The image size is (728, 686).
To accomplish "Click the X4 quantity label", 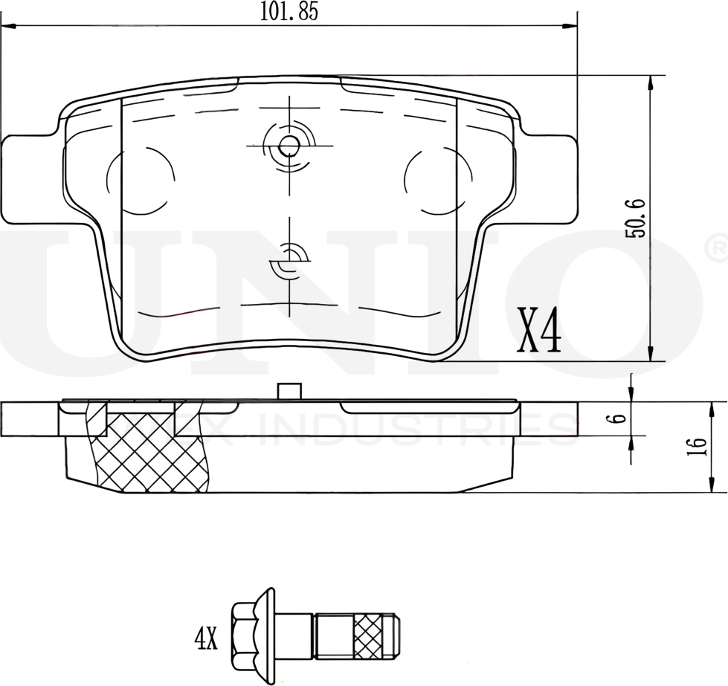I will tap(539, 332).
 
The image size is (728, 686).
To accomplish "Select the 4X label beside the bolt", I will tap(206, 637).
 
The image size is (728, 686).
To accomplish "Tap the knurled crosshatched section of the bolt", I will tap(372, 637).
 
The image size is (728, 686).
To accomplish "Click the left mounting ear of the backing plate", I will tap(30, 178).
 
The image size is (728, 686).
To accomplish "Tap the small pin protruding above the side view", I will tap(288, 391).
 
